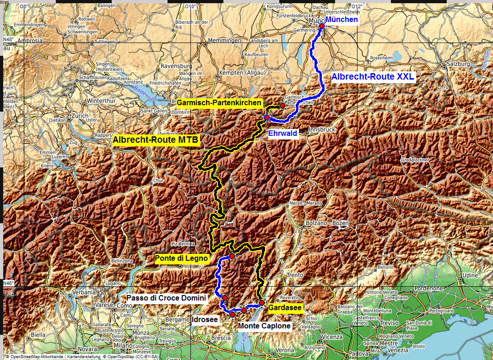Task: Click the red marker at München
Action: click(322, 26)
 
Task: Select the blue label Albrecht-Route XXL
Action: click(373, 77)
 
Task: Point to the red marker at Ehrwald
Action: click(267, 118)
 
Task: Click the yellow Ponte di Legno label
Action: click(182, 258)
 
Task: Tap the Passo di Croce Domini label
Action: click(166, 298)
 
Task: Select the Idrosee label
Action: click(205, 319)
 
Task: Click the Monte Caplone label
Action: click(265, 326)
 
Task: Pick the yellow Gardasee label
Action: click(285, 308)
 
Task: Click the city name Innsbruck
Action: click(322, 130)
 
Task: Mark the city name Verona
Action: click(285, 350)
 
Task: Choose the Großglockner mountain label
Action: click(415, 161)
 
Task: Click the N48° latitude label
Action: click(8, 39)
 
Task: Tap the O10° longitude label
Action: click(190, 6)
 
